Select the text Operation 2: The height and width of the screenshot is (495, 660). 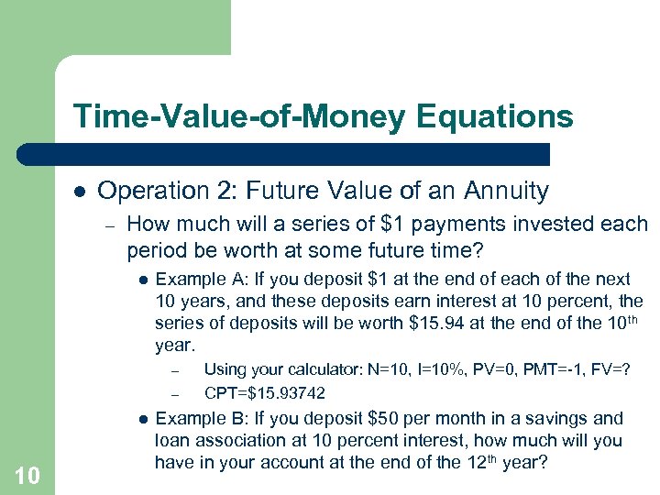coord(153,191)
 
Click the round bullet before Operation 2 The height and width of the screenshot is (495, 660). coord(80,191)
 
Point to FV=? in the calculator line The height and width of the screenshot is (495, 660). coord(611,369)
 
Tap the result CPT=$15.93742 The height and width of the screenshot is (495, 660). coord(264,392)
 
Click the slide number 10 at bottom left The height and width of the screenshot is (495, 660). coord(27,474)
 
